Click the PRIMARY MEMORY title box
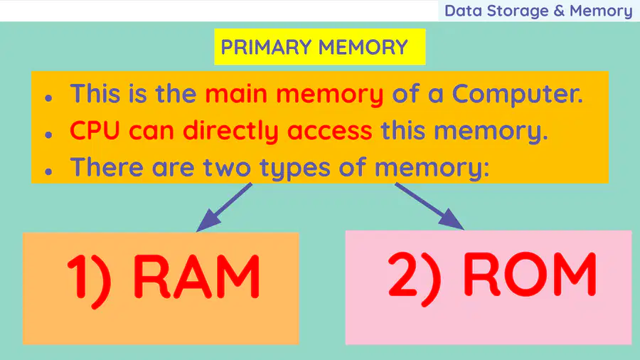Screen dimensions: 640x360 (x=319, y=46)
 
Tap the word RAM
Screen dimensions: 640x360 (x=197, y=276)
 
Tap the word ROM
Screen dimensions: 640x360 (x=529, y=273)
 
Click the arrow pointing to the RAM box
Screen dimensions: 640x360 (x=224, y=207)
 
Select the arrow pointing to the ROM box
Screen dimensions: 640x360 (x=430, y=206)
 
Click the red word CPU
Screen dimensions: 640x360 (x=95, y=131)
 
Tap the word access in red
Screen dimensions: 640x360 (x=330, y=132)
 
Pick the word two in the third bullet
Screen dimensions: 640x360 (x=227, y=168)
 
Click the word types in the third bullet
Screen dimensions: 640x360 (x=294, y=169)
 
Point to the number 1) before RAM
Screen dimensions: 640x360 (x=89, y=279)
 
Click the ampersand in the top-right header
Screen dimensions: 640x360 (x=559, y=11)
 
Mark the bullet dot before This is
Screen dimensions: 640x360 (x=48, y=98)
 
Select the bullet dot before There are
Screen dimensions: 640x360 (x=48, y=171)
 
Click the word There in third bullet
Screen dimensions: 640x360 (x=107, y=167)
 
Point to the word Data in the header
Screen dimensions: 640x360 (x=463, y=11)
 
